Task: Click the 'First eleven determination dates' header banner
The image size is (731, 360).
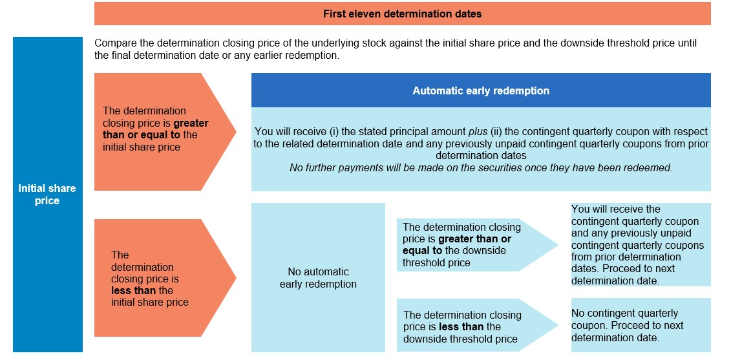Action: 402,14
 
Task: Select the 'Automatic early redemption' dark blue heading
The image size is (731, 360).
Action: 481,90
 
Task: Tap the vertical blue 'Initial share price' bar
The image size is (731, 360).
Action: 48,195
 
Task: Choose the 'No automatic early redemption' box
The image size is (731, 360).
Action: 318,277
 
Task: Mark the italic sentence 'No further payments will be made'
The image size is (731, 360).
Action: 481,168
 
